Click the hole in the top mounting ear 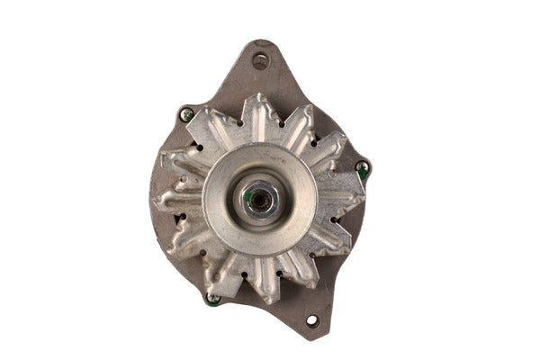click(x=261, y=61)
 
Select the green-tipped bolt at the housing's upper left click(x=187, y=114)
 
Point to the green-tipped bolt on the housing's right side click(x=361, y=168)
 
